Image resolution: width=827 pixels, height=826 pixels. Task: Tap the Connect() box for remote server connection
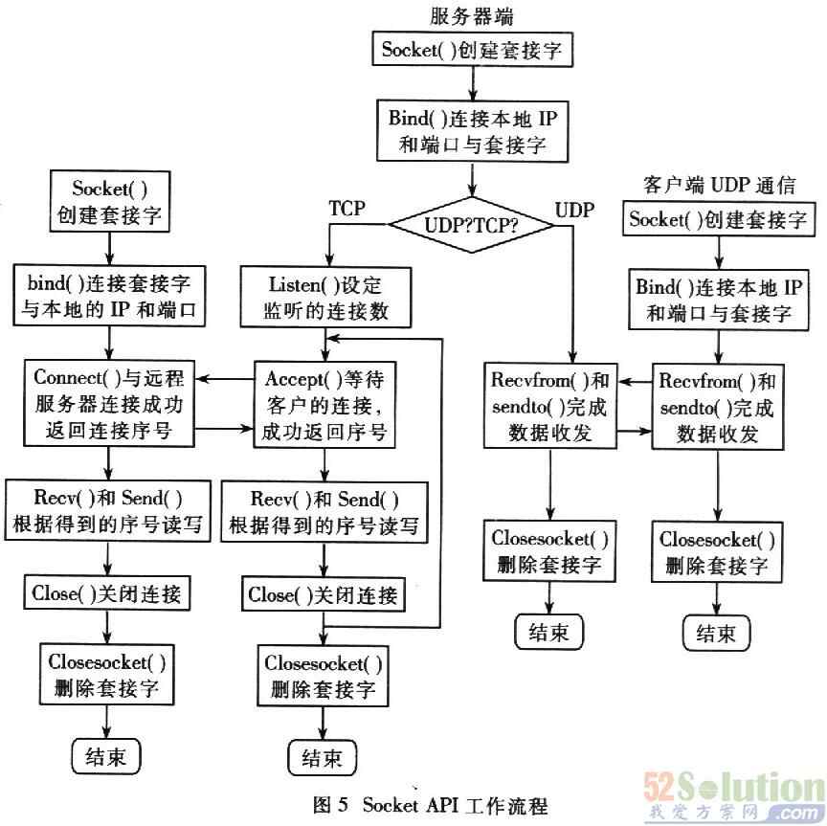(108, 403)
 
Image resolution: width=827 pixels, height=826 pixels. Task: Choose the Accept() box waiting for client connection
(325, 403)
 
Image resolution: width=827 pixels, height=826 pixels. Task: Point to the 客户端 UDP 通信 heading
(715, 183)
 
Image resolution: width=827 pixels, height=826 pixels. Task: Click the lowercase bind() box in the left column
(108, 298)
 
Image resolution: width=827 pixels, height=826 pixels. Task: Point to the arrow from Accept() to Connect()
(230, 380)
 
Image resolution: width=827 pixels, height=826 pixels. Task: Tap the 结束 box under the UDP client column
(716, 632)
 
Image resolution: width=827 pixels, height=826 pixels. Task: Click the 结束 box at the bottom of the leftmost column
(106, 756)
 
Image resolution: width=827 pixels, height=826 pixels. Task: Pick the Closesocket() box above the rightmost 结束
(717, 550)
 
